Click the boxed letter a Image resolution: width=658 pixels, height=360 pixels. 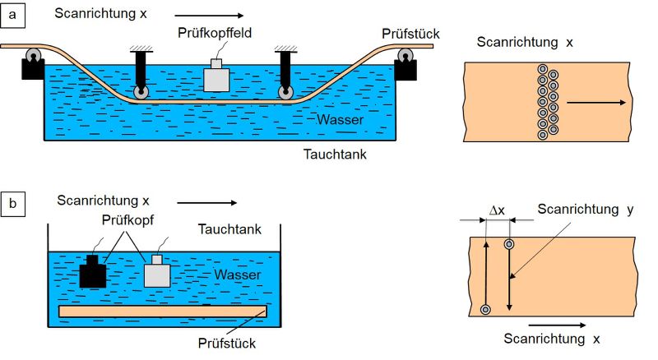click(x=12, y=15)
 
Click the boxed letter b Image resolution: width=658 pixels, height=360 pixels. click(x=12, y=204)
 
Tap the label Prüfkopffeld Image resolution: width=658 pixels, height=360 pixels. click(x=215, y=33)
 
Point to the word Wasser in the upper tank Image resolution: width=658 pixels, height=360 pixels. click(x=341, y=119)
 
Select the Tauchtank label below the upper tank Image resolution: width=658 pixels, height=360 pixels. click(x=335, y=155)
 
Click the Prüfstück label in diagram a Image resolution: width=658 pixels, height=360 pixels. click(x=410, y=34)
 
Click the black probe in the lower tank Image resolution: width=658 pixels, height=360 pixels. click(x=93, y=271)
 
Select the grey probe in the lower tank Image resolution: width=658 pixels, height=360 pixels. click(x=157, y=271)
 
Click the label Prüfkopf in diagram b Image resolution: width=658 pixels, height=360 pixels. click(x=127, y=220)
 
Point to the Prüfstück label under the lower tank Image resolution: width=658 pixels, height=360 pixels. click(x=227, y=344)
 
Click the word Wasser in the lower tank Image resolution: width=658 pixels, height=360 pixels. click(x=238, y=275)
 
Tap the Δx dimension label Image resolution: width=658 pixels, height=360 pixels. click(x=497, y=210)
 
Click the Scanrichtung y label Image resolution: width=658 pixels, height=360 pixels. click(x=586, y=210)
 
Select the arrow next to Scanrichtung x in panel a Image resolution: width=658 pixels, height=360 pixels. click(x=209, y=16)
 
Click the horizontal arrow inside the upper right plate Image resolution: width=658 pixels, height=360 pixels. click(x=596, y=103)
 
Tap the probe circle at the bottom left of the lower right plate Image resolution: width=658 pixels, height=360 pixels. click(x=485, y=310)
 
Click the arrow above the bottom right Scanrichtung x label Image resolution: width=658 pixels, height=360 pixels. click(x=557, y=325)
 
